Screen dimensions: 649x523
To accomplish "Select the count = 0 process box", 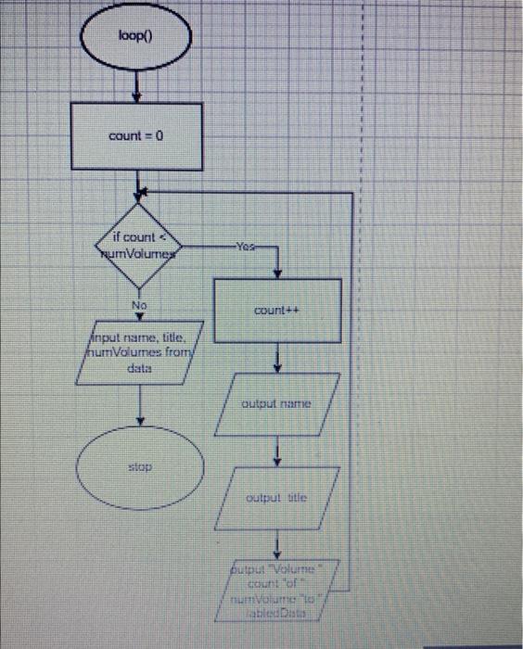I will [x=137, y=136].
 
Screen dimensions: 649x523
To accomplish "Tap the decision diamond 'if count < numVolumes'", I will [x=137, y=245].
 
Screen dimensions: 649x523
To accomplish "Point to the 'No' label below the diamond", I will [x=139, y=304].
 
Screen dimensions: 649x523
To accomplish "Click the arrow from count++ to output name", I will [x=277, y=359].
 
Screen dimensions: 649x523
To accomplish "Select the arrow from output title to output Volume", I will [x=277, y=543].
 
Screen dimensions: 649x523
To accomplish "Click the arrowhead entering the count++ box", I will [x=277, y=274].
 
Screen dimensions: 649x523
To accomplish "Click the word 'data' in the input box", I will [x=139, y=368].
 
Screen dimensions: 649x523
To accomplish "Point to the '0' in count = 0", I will [x=159, y=136].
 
